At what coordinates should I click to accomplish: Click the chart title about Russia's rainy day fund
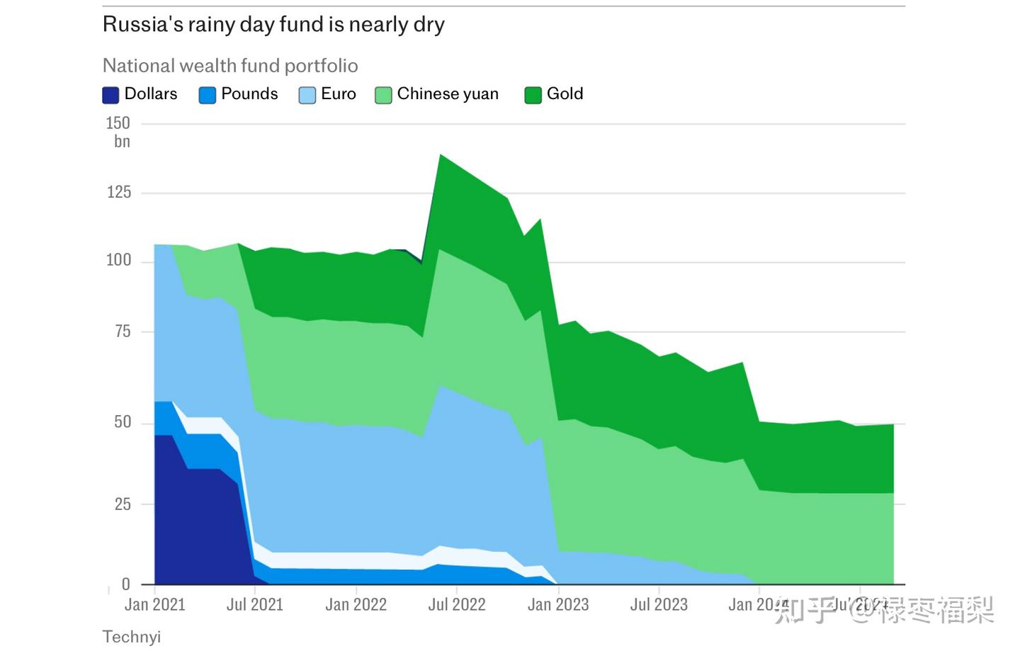coord(273,25)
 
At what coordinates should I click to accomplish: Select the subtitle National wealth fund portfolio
coord(230,66)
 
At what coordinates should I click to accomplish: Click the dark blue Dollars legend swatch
coord(110,95)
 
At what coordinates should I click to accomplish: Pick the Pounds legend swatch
coord(208,95)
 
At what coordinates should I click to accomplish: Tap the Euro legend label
coord(338,94)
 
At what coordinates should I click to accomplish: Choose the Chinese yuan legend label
coord(448,94)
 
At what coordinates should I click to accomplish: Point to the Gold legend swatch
coord(533,95)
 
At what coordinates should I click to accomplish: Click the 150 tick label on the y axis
coord(118,123)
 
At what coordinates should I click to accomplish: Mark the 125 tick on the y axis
coord(118,192)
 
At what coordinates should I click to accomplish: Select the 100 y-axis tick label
coord(118,261)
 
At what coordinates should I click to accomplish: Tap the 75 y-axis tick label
coord(123,331)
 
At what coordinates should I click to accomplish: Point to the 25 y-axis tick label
coord(123,504)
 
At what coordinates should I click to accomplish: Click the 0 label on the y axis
coord(126,584)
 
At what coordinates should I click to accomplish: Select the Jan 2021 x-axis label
coord(154,605)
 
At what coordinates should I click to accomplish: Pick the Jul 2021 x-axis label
coord(254,605)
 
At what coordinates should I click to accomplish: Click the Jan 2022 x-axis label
coord(356,605)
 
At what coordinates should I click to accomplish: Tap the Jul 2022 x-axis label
coord(457,605)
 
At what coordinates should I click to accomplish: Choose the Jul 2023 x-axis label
coord(659,605)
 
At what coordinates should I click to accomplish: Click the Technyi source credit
coord(132,637)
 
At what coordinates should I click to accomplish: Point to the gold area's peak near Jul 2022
coord(441,155)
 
